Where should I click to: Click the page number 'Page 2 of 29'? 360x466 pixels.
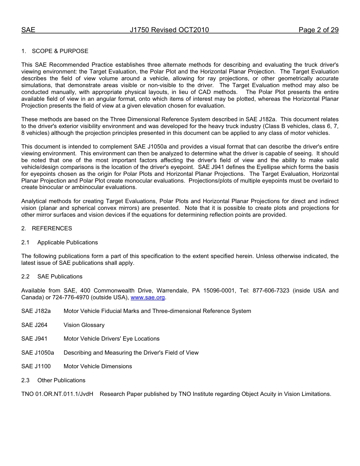tap(318, 30)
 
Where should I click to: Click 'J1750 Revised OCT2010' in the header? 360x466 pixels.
tap(169, 30)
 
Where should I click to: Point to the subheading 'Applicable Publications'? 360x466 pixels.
tap(67, 242)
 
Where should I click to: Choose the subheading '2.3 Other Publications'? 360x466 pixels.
tap(53, 380)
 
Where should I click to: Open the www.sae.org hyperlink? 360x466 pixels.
tap(148, 297)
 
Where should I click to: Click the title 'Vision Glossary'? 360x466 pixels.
tap(84, 325)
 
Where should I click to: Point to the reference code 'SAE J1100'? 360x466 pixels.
tap(36, 366)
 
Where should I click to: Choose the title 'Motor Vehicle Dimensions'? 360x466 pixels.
tap(98, 366)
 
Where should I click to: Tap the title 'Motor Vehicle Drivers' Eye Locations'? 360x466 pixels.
tap(111, 339)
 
